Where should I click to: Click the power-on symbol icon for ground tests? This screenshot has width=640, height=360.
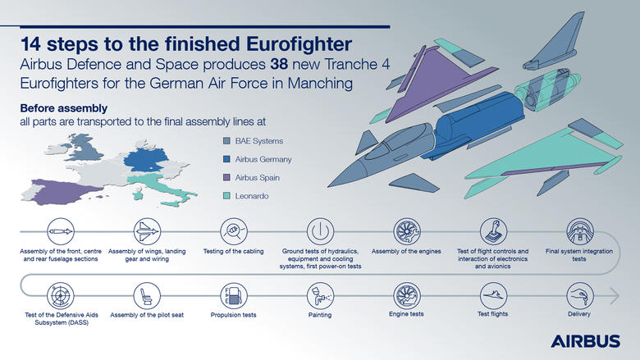(x=320, y=230)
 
